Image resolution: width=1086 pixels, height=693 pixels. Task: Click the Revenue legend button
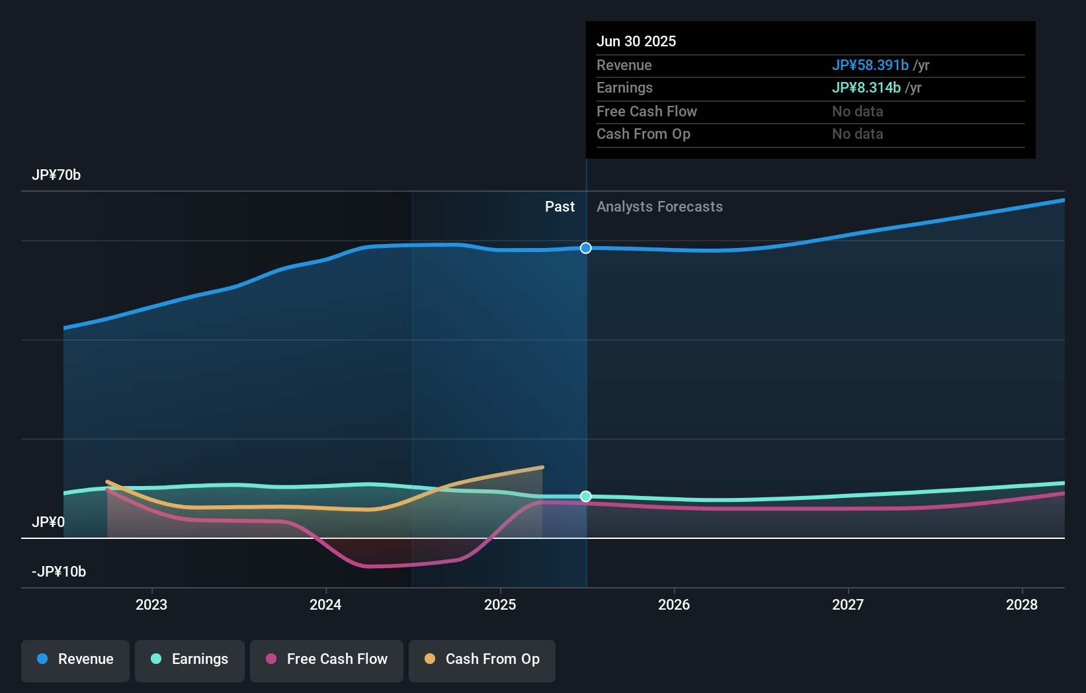[75, 659]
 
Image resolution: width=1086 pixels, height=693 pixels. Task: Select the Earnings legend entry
[190, 659]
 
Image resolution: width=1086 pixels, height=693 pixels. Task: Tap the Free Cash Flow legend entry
[327, 659]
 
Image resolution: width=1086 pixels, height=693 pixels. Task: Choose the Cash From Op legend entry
[482, 659]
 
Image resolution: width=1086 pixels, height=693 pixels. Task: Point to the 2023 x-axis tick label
[151, 605]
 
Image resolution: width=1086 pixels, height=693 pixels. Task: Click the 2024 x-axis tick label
[325, 605]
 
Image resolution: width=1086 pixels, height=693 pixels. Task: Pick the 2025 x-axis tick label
[500, 605]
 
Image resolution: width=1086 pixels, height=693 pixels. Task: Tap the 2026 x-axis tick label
[674, 605]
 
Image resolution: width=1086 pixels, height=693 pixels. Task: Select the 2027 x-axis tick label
[848, 605]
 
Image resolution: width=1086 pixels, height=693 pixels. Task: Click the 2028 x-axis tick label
[1022, 605]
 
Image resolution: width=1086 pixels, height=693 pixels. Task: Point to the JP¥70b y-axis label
[56, 175]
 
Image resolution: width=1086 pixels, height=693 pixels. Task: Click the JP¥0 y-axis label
[48, 522]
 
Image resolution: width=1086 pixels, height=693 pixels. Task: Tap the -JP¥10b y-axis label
[59, 572]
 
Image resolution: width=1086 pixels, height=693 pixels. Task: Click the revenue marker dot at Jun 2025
[586, 248]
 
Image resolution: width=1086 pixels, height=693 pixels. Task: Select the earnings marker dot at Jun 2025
[586, 497]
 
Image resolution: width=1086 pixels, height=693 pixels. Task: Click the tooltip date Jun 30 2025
[636, 42]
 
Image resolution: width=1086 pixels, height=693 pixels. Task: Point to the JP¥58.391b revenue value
[870, 65]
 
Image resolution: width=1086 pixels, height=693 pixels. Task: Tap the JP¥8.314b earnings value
[866, 88]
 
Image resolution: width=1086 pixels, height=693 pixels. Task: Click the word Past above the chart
[560, 207]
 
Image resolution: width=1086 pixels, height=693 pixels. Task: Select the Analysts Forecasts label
[659, 207]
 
